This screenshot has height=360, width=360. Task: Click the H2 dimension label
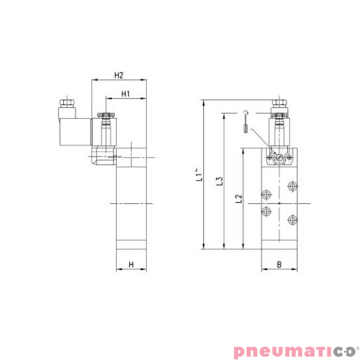pos(119,74)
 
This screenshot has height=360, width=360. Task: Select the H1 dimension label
pos(125,94)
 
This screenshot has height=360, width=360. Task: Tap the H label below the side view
pos(131,265)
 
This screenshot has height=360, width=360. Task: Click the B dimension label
pos(278,265)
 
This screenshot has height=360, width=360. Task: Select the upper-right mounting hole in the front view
pos(291,185)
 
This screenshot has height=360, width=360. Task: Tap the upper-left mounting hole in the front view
pos(267,195)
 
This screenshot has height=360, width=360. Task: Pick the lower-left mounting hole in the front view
pos(267,212)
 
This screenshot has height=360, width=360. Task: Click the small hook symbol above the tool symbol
pos(245,111)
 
